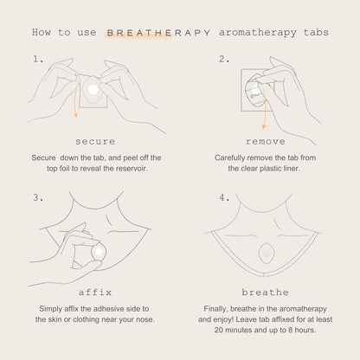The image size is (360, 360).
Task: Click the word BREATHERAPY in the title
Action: point(158,33)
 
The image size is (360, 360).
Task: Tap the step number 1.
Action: point(38,59)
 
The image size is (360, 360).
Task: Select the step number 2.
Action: point(224,59)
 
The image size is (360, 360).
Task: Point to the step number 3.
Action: point(38,197)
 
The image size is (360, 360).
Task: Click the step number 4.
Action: point(224,197)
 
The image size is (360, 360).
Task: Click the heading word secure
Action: point(95,142)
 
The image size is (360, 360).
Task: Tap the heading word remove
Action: point(266,142)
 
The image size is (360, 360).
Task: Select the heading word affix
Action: point(95,292)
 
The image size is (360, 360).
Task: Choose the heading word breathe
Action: point(266,292)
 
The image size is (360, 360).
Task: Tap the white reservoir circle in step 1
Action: point(93,90)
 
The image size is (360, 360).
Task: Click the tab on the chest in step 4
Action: point(266,254)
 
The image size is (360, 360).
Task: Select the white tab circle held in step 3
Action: point(99,253)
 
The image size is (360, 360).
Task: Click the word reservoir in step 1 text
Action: point(132,169)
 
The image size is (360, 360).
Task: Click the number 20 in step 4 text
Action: point(218,330)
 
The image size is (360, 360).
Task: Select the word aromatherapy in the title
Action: point(258,33)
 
